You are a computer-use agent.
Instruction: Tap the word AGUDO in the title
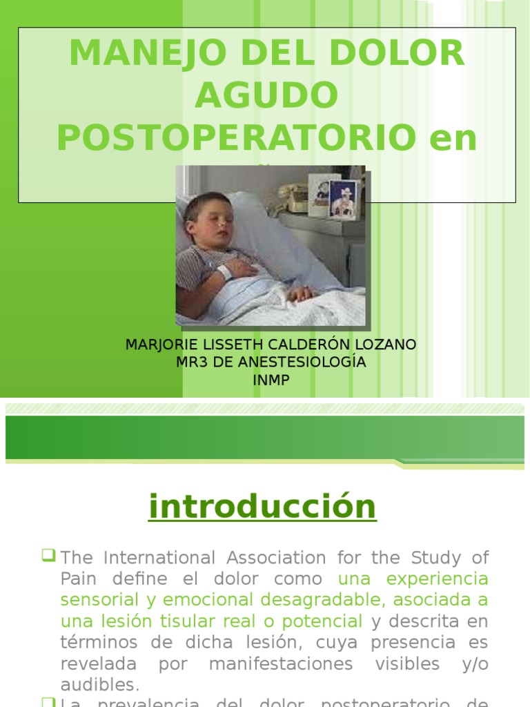(x=266, y=96)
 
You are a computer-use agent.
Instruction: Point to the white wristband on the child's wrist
(x=225, y=272)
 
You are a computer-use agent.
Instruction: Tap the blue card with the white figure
(x=343, y=198)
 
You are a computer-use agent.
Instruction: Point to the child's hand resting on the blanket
(x=300, y=293)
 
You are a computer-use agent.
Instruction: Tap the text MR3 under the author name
(x=189, y=362)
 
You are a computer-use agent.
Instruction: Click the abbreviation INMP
(x=271, y=379)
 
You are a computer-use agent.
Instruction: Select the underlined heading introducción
(x=262, y=507)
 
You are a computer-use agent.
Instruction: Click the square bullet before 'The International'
(x=48, y=554)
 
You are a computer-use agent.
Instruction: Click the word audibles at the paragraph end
(x=99, y=686)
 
